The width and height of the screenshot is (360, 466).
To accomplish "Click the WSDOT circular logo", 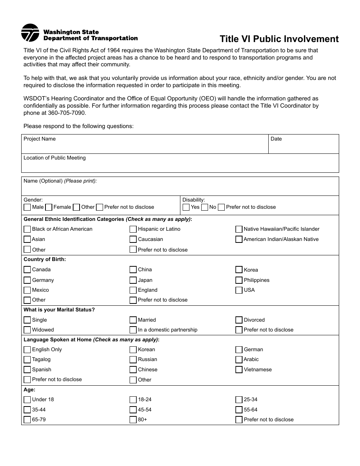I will tap(30, 33).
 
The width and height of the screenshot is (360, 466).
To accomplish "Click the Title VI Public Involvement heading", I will tap(279, 39).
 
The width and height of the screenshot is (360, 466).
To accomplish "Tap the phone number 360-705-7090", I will tap(67, 113).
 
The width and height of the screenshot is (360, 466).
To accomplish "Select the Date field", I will tap(303, 146).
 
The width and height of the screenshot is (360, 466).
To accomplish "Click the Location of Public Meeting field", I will tap(180, 165).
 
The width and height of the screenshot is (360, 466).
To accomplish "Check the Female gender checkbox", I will tap(49, 207).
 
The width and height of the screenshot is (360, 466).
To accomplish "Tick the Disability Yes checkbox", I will tap(186, 207).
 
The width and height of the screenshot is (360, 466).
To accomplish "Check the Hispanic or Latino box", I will tap(133, 229).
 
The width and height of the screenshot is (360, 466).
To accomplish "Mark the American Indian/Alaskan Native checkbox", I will tap(239, 239).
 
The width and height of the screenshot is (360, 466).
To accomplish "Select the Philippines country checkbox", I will tap(239, 280).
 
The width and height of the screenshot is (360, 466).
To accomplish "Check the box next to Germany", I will tap(27, 280).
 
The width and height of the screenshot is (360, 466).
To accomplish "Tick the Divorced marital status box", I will tap(239, 320).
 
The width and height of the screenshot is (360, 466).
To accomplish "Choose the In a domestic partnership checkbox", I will tap(133, 330).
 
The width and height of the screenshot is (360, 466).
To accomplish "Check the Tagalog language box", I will tap(27, 360).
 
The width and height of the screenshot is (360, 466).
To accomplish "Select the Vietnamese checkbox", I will tap(239, 370).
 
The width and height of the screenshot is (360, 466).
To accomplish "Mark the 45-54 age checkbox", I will tap(133, 410).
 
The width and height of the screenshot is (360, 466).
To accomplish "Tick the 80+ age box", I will tap(133, 420).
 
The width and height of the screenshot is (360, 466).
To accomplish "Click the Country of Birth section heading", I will tap(45, 260).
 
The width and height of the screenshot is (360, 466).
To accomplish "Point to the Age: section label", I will tap(30, 389).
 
